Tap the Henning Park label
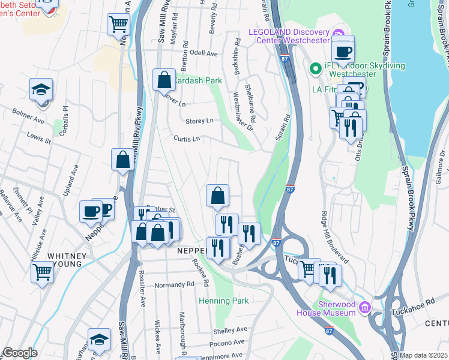point(223,300)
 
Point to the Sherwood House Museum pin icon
point(364,308)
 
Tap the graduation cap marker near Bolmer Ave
point(41,90)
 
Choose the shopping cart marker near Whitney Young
point(42,272)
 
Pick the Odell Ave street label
point(203,53)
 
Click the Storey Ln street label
point(199,121)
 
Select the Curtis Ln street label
point(186,139)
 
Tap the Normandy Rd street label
point(173,284)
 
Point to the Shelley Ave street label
point(230,329)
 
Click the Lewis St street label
point(38,139)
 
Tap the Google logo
point(20,353)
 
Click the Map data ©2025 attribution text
point(424,355)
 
